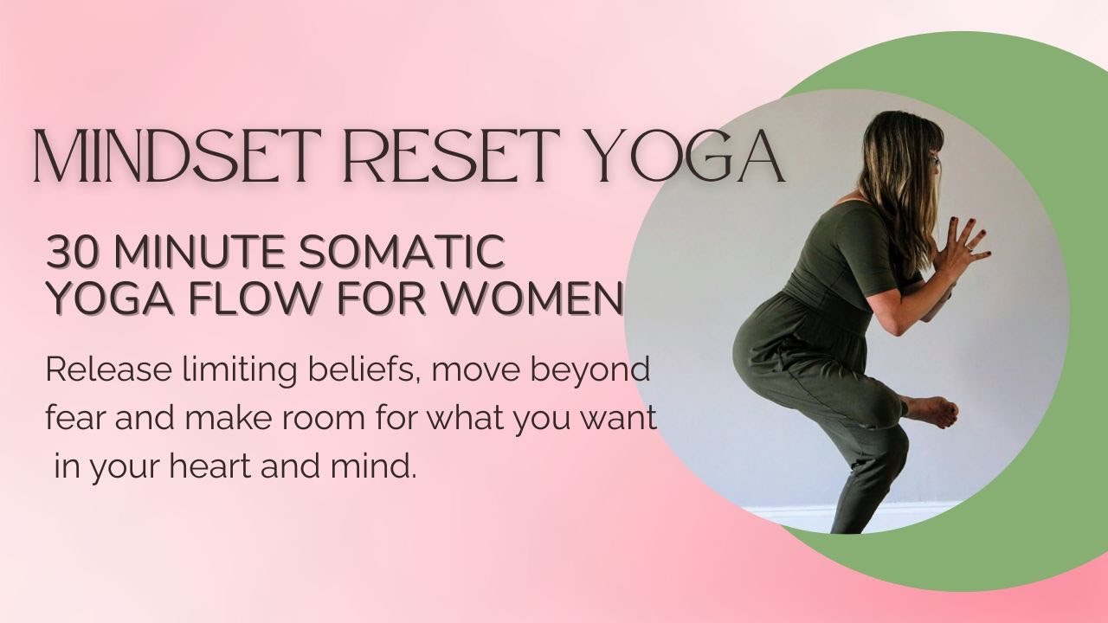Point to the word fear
(x=72, y=419)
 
